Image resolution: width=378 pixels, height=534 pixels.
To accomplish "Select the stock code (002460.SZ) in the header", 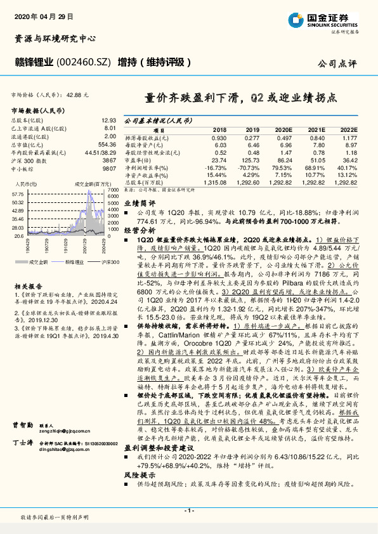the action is click(85, 62).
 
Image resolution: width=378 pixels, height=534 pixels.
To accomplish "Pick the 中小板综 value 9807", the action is click(109, 169).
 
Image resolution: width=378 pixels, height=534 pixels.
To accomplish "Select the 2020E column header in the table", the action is click(283, 128).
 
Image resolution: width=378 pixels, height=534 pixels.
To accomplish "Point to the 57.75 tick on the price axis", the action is click(18, 194).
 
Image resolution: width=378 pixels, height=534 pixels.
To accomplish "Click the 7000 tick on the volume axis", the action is click(112, 189).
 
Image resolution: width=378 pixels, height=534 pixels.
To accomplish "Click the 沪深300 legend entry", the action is click(108, 261).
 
